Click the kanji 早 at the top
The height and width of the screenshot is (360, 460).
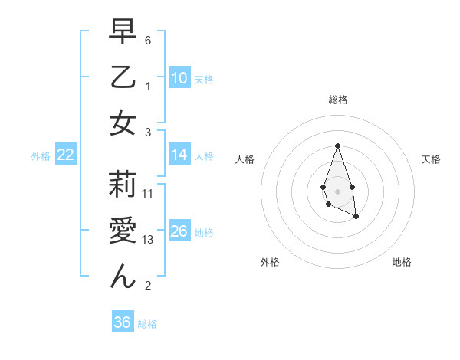pos(123,31)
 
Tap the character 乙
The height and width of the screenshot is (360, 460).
pos(123,77)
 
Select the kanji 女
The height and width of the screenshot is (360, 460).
pos(123,123)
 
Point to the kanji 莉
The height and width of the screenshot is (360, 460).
pos(123,185)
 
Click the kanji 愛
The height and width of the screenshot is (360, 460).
pos(123,230)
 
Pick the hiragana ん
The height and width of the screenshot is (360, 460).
pos(123,276)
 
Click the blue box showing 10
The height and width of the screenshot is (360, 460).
pos(179,77)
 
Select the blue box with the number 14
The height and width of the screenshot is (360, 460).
pos(179,155)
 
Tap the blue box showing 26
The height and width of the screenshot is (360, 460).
pos(179,231)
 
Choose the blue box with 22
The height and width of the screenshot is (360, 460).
pos(66,155)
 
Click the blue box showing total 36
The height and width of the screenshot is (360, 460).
pos(123,322)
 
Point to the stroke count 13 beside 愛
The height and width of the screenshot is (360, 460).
pos(148,241)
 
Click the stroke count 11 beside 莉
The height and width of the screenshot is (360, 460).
pos(148,194)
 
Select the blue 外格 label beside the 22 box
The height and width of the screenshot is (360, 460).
pos(41,156)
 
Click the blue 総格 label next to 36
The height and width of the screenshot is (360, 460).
pos(147,324)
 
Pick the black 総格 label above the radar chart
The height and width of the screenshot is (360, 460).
pos(337,100)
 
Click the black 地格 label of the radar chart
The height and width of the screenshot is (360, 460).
pos(402,262)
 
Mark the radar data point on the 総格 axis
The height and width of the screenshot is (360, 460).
pos(337,146)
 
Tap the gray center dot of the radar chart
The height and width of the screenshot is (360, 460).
pos(337,190)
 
